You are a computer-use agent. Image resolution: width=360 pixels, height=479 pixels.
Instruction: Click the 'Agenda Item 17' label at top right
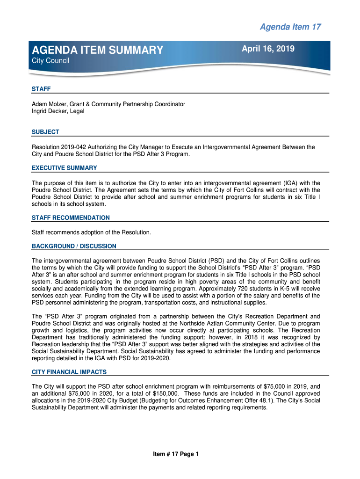click(290, 27)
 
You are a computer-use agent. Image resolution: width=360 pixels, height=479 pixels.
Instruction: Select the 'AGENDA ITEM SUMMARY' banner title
click(98, 50)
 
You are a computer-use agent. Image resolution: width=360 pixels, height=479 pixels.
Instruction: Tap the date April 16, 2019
click(268, 48)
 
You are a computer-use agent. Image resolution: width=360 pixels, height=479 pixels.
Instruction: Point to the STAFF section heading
click(41, 89)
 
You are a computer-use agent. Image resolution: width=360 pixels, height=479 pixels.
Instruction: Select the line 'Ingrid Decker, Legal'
click(58, 111)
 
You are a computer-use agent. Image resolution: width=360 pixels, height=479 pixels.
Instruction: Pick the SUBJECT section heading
click(45, 132)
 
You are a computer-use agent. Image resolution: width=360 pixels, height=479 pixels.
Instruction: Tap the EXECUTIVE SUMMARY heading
click(64, 168)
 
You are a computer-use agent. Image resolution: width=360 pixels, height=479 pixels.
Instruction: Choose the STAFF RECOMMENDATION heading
click(71, 218)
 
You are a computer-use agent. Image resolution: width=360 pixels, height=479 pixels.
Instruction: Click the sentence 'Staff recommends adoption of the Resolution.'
click(91, 232)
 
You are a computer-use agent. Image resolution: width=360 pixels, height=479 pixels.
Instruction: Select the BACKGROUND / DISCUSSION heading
click(74, 246)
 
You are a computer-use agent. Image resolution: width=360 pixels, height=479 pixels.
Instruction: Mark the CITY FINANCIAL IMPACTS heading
click(69, 372)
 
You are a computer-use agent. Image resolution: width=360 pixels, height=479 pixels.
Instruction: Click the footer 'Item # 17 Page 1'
click(176, 454)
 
